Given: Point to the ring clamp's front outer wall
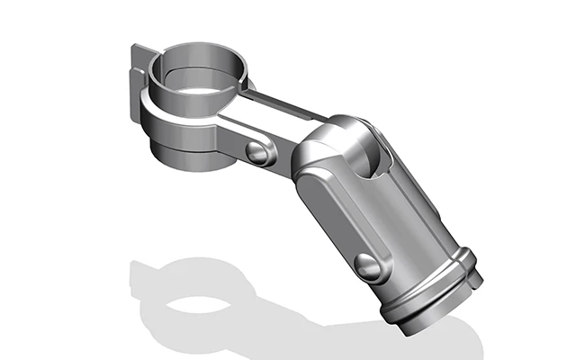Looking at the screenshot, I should click(x=180, y=121).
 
